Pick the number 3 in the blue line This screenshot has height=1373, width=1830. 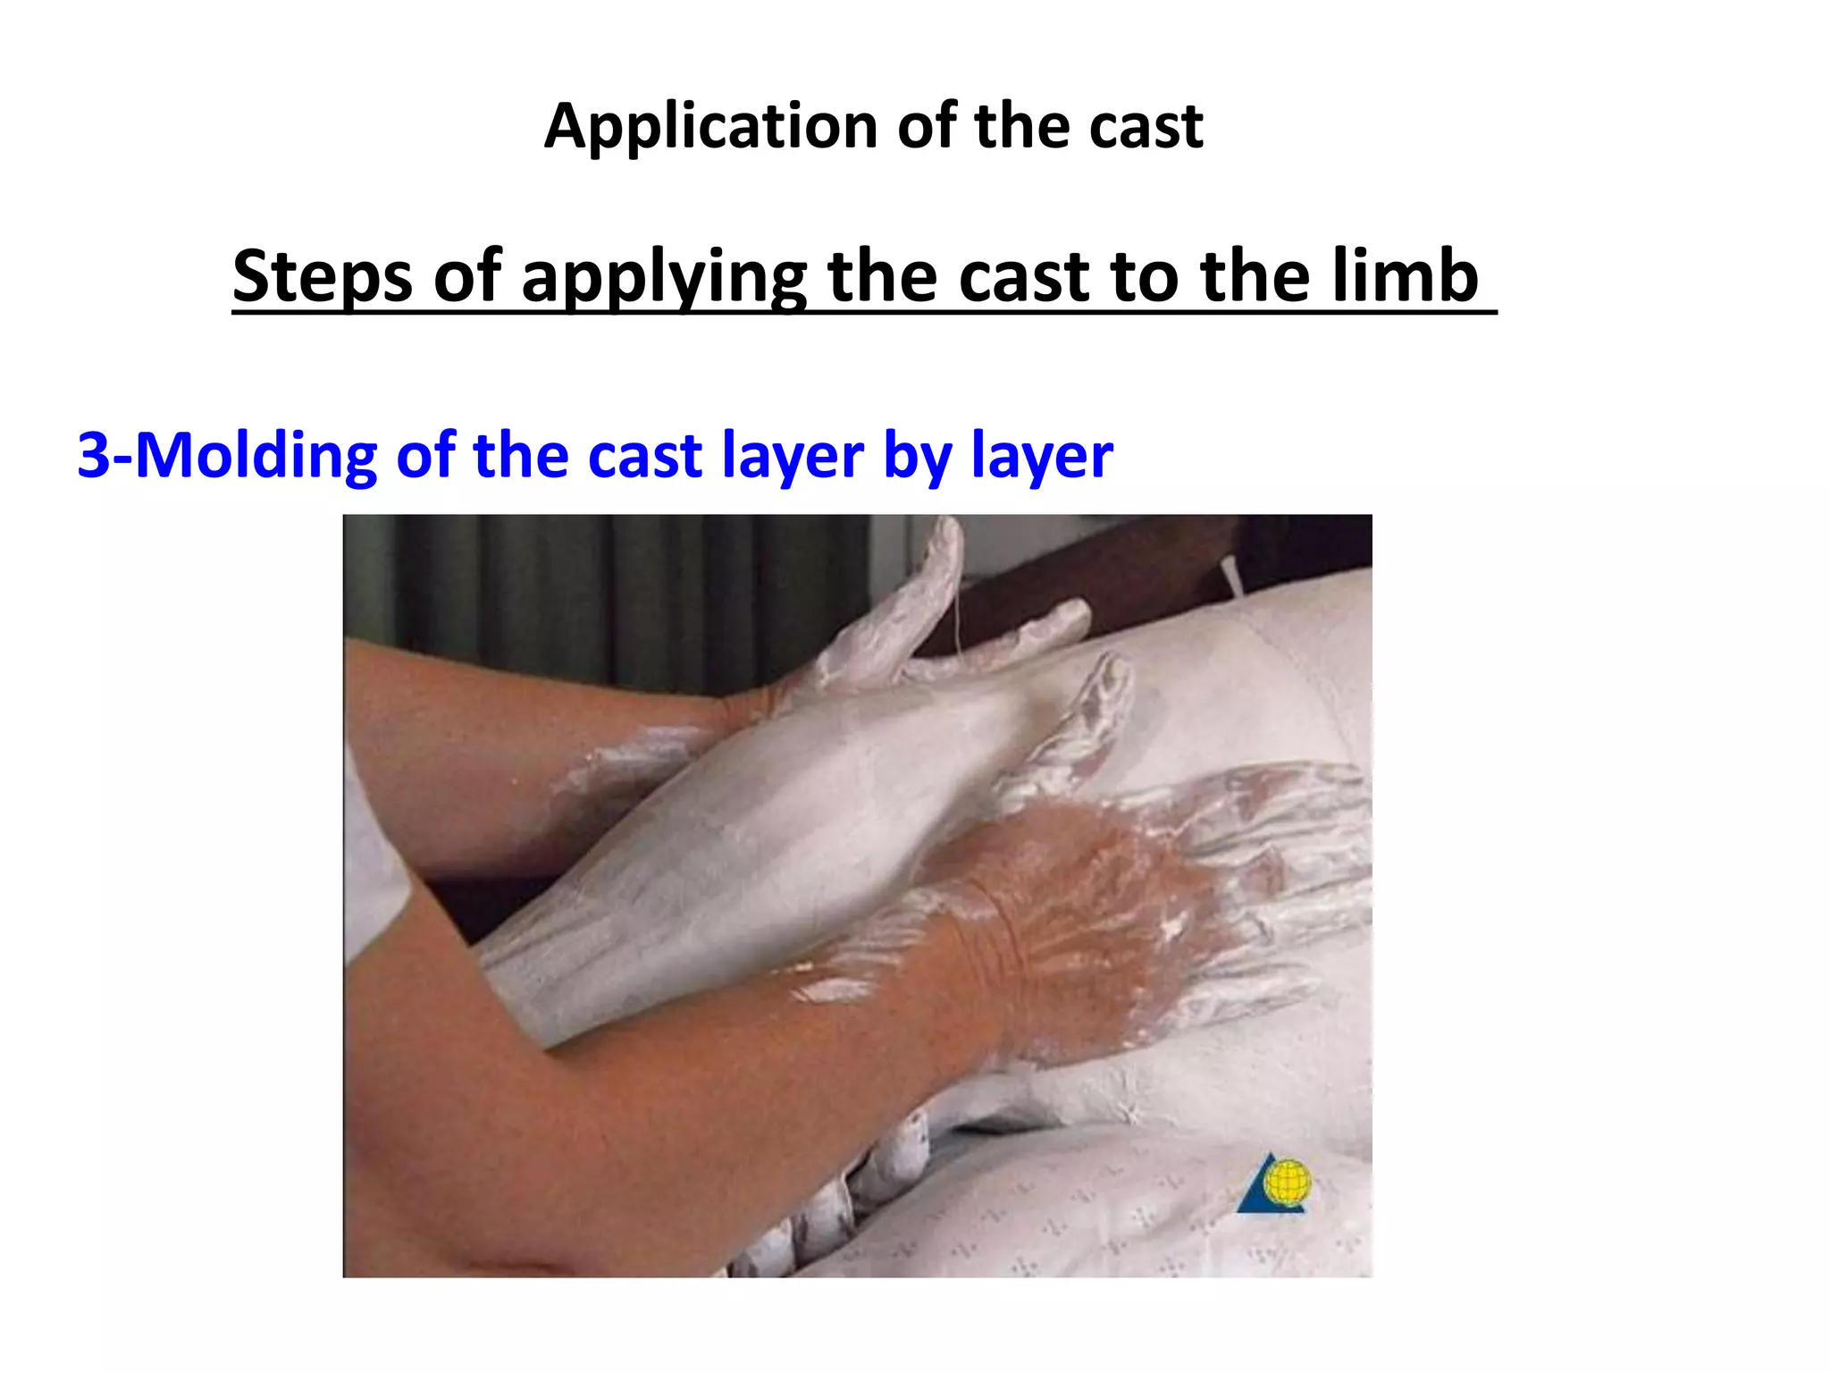tap(93, 455)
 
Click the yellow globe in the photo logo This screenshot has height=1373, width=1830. tap(1287, 1182)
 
